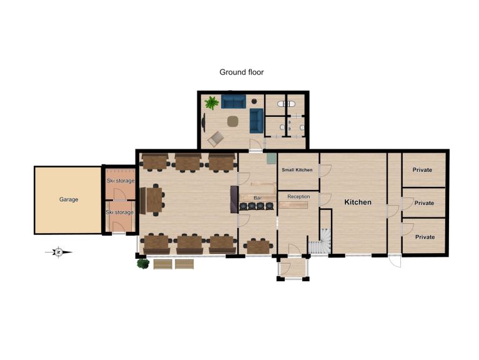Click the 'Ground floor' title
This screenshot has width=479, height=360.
pos(241,72)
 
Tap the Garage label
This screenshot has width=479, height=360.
pos(69,199)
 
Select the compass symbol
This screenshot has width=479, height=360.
pos(59,252)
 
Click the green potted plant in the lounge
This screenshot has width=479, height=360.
pos(212,102)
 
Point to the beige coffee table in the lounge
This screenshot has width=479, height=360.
pos(233,121)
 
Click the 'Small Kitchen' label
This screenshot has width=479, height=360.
pos(297,169)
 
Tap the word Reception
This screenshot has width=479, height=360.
pos(299,196)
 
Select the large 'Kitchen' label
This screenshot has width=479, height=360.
pos(358,202)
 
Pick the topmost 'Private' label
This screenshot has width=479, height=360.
pos(422,169)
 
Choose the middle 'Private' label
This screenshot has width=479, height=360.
pos(424,202)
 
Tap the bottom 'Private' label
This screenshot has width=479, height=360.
pos(425,237)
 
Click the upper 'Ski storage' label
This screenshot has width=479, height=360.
pos(121,181)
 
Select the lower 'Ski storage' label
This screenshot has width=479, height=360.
pos(119,212)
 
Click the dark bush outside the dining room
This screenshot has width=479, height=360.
pos(142,263)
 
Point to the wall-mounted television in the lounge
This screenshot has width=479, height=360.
pos(204,122)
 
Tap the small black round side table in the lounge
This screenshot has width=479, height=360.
pos(254,101)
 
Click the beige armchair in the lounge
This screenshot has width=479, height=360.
pos(215,139)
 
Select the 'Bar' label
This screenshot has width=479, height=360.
pos(257,198)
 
